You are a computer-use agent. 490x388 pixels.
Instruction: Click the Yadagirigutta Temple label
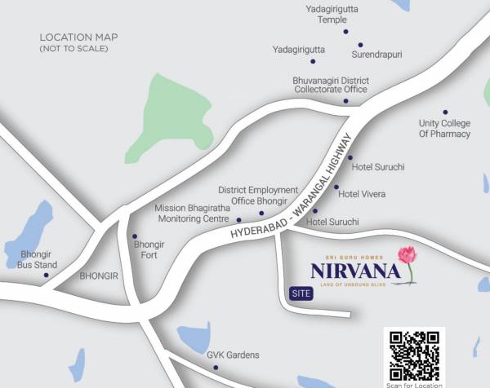pyautogui.click(x=327, y=14)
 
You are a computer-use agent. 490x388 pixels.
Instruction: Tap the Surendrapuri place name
pyautogui.click(x=376, y=55)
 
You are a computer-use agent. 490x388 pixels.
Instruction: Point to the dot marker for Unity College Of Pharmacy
pyautogui.click(x=445, y=112)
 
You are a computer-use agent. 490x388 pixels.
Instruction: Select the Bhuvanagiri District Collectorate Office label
pyautogui.click(x=331, y=86)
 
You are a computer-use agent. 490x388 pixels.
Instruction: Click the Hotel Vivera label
pyautogui.click(x=362, y=194)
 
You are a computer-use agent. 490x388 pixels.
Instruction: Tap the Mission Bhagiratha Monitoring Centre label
pyautogui.click(x=192, y=214)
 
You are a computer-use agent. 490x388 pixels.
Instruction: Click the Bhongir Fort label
pyautogui.click(x=149, y=249)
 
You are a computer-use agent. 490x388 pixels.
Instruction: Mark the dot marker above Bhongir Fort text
pyautogui.click(x=135, y=236)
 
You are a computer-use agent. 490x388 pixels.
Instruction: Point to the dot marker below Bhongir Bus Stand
pyautogui.click(x=46, y=275)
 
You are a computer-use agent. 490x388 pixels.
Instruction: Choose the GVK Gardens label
pyautogui.click(x=233, y=355)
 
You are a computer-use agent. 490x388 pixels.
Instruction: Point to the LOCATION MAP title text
pyautogui.click(x=78, y=37)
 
